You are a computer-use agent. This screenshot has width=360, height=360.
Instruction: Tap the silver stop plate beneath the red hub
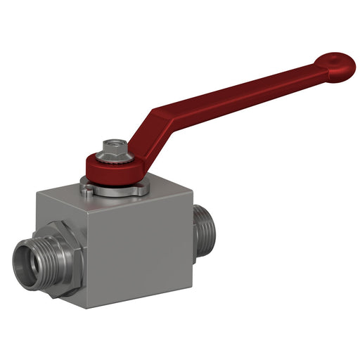coord(115,189)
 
